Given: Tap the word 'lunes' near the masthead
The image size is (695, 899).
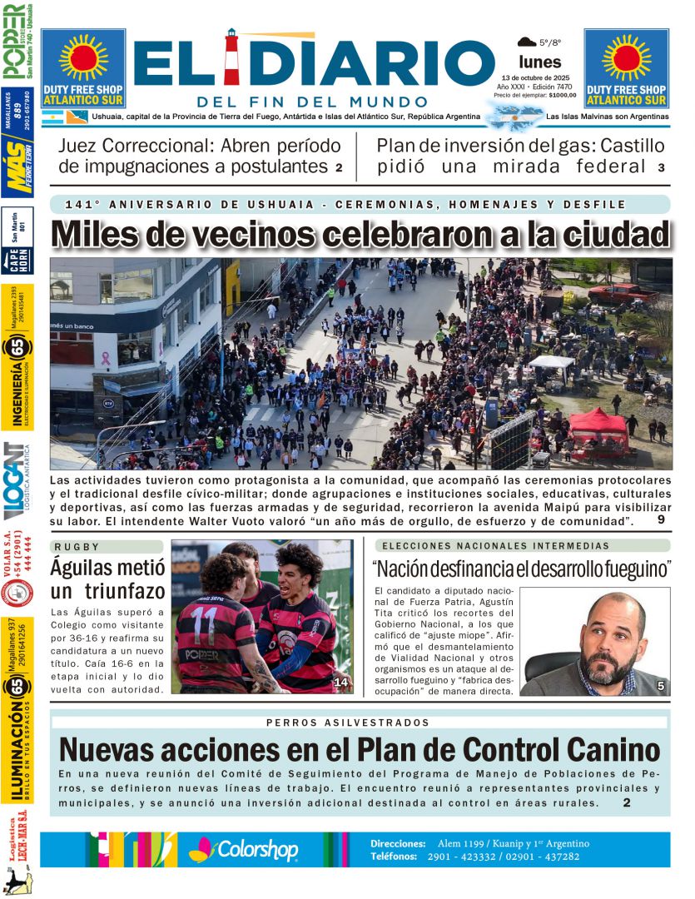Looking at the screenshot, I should pos(539,62).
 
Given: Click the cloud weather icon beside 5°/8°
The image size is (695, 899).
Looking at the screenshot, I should pos(526,41).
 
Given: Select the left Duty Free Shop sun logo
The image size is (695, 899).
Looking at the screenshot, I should pos(83,57).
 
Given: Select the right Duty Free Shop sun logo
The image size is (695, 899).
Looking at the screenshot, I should pos(626,57).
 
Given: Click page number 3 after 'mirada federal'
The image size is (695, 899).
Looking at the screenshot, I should pos(661,167).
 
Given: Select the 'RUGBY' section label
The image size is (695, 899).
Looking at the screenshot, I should pos(77,546).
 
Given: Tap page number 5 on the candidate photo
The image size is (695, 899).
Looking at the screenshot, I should pos(660,686).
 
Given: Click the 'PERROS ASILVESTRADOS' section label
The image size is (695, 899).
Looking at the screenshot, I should pos(348,723).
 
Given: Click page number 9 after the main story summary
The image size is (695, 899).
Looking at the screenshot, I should pos(660,520).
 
